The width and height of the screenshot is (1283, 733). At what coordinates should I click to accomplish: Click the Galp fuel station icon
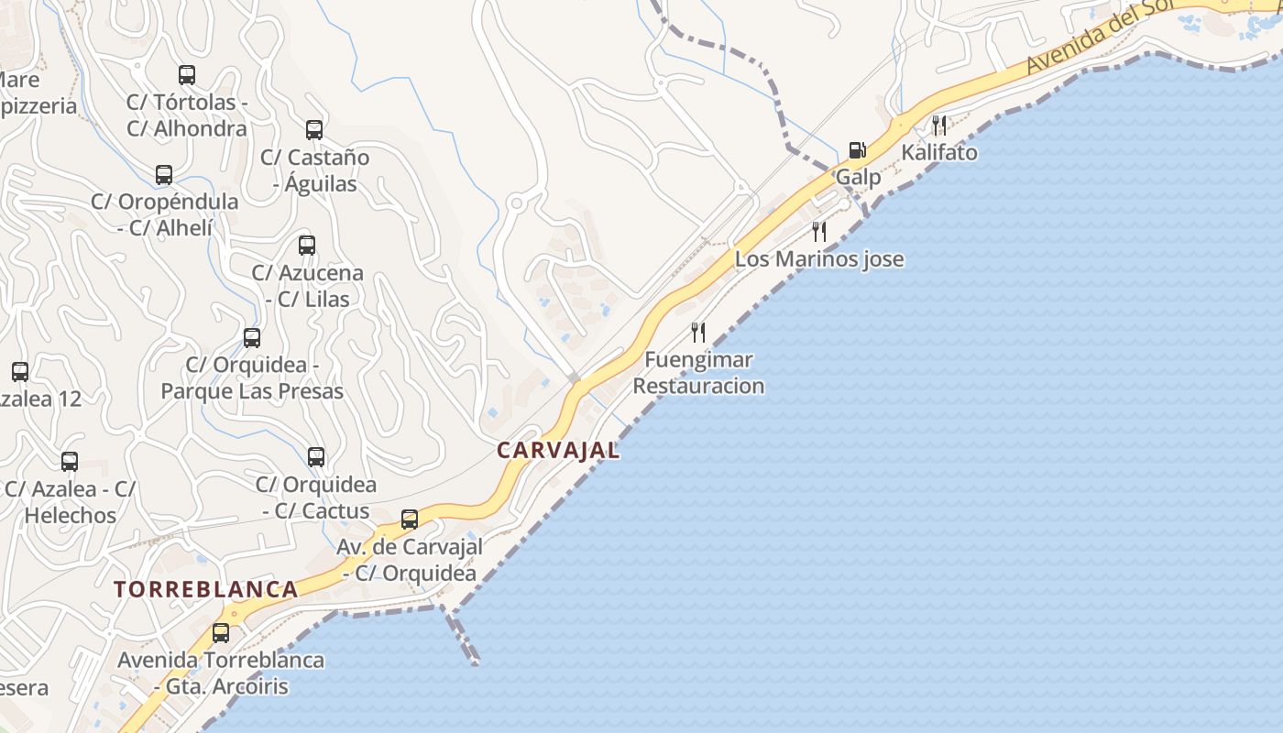(x=857, y=149)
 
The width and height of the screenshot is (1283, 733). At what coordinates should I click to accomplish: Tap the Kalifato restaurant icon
(x=939, y=125)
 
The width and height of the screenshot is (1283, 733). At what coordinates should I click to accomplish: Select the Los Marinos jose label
(x=819, y=259)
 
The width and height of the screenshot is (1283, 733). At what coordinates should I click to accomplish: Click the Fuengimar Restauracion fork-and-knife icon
(x=698, y=332)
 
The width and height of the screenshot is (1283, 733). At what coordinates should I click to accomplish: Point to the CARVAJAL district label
(x=558, y=450)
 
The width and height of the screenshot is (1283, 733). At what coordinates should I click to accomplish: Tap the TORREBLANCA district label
(x=206, y=589)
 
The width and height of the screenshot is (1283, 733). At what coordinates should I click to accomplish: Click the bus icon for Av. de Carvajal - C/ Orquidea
(x=410, y=520)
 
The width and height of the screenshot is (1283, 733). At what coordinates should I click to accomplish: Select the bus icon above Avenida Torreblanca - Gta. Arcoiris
(x=220, y=632)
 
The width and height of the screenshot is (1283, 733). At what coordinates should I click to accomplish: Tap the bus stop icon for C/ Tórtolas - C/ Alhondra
(x=187, y=75)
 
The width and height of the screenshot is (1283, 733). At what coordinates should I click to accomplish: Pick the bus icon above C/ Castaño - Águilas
(x=314, y=130)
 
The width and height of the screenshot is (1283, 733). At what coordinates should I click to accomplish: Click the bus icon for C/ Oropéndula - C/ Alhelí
(x=164, y=174)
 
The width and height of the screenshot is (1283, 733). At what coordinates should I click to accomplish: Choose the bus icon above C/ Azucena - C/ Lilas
(x=307, y=246)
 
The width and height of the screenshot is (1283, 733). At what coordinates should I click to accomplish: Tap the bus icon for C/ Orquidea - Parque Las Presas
(x=252, y=338)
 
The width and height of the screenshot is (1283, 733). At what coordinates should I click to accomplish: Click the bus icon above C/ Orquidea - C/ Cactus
(x=316, y=456)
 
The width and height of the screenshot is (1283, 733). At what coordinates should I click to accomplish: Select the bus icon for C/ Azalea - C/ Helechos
(x=70, y=462)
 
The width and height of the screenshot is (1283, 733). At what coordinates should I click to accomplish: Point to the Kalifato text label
(x=939, y=152)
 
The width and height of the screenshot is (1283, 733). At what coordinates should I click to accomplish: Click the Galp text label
(x=858, y=177)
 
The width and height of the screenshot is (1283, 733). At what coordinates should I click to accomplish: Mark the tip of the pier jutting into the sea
(x=475, y=661)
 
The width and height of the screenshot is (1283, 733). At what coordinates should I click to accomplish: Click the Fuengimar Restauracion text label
(x=698, y=373)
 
